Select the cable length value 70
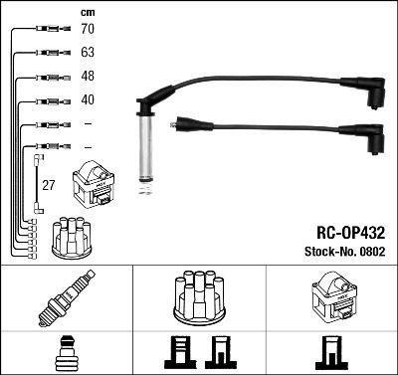88,29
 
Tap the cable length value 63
88,53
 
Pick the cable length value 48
88,77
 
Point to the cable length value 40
88,99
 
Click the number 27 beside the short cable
48,184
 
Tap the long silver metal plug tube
144,144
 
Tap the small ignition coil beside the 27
94,185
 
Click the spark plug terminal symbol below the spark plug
66,353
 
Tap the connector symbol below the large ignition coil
330,353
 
